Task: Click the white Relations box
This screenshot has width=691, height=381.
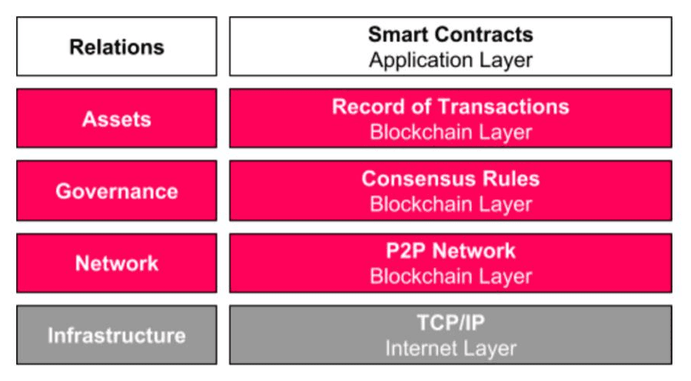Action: click(x=117, y=46)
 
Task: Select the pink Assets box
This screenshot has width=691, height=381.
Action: click(x=117, y=118)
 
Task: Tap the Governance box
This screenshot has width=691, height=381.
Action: click(x=117, y=190)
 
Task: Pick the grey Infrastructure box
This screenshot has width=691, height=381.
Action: click(x=117, y=335)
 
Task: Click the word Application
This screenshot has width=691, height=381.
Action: click(x=421, y=61)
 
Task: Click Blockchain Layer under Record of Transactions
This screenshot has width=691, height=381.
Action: click(x=451, y=132)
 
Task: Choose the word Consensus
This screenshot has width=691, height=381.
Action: click(x=419, y=179)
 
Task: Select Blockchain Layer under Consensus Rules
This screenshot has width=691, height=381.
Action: click(x=451, y=204)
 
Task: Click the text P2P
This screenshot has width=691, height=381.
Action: click(x=406, y=250)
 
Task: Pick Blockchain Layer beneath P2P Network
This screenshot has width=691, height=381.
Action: click(x=451, y=277)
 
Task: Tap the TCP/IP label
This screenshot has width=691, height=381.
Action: click(x=451, y=323)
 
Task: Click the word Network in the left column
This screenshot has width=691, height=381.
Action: click(x=117, y=263)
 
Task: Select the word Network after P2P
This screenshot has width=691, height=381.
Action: click(x=473, y=250)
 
